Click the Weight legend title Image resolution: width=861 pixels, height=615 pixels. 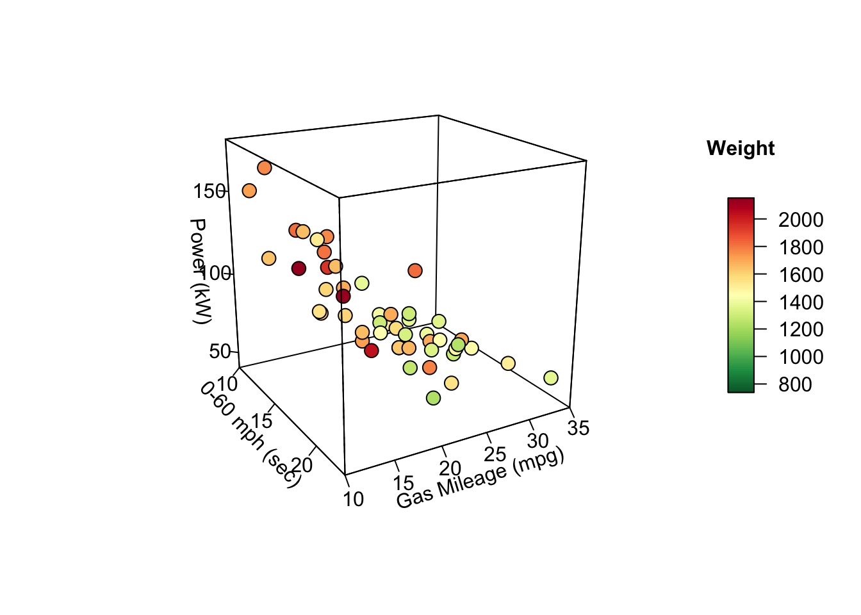pos(740,149)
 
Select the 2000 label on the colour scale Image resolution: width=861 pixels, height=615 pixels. pos(800,220)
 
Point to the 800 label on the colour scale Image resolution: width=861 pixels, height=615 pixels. pos(795,384)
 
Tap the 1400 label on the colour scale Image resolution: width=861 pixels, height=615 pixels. pos(800,302)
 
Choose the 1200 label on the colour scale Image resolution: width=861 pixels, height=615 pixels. pos(800,329)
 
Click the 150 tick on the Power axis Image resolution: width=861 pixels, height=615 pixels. pos(209,192)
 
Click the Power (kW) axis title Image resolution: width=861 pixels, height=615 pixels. pos(199,270)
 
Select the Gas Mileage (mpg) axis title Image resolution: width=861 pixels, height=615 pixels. pos(480,479)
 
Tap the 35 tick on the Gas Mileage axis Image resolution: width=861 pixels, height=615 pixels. pos(578,428)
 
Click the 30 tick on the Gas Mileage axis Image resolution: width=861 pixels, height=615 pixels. pos(538,441)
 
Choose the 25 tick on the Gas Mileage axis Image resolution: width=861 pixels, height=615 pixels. pos(495,454)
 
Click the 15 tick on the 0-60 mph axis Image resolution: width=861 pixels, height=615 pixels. pos(262,421)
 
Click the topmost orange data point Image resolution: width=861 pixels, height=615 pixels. pos(265,168)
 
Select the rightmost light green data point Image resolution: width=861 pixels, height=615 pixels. pos(551,378)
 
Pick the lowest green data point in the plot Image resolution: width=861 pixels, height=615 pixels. pos(434,398)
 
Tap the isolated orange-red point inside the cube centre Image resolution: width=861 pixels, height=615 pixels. pos(415,271)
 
